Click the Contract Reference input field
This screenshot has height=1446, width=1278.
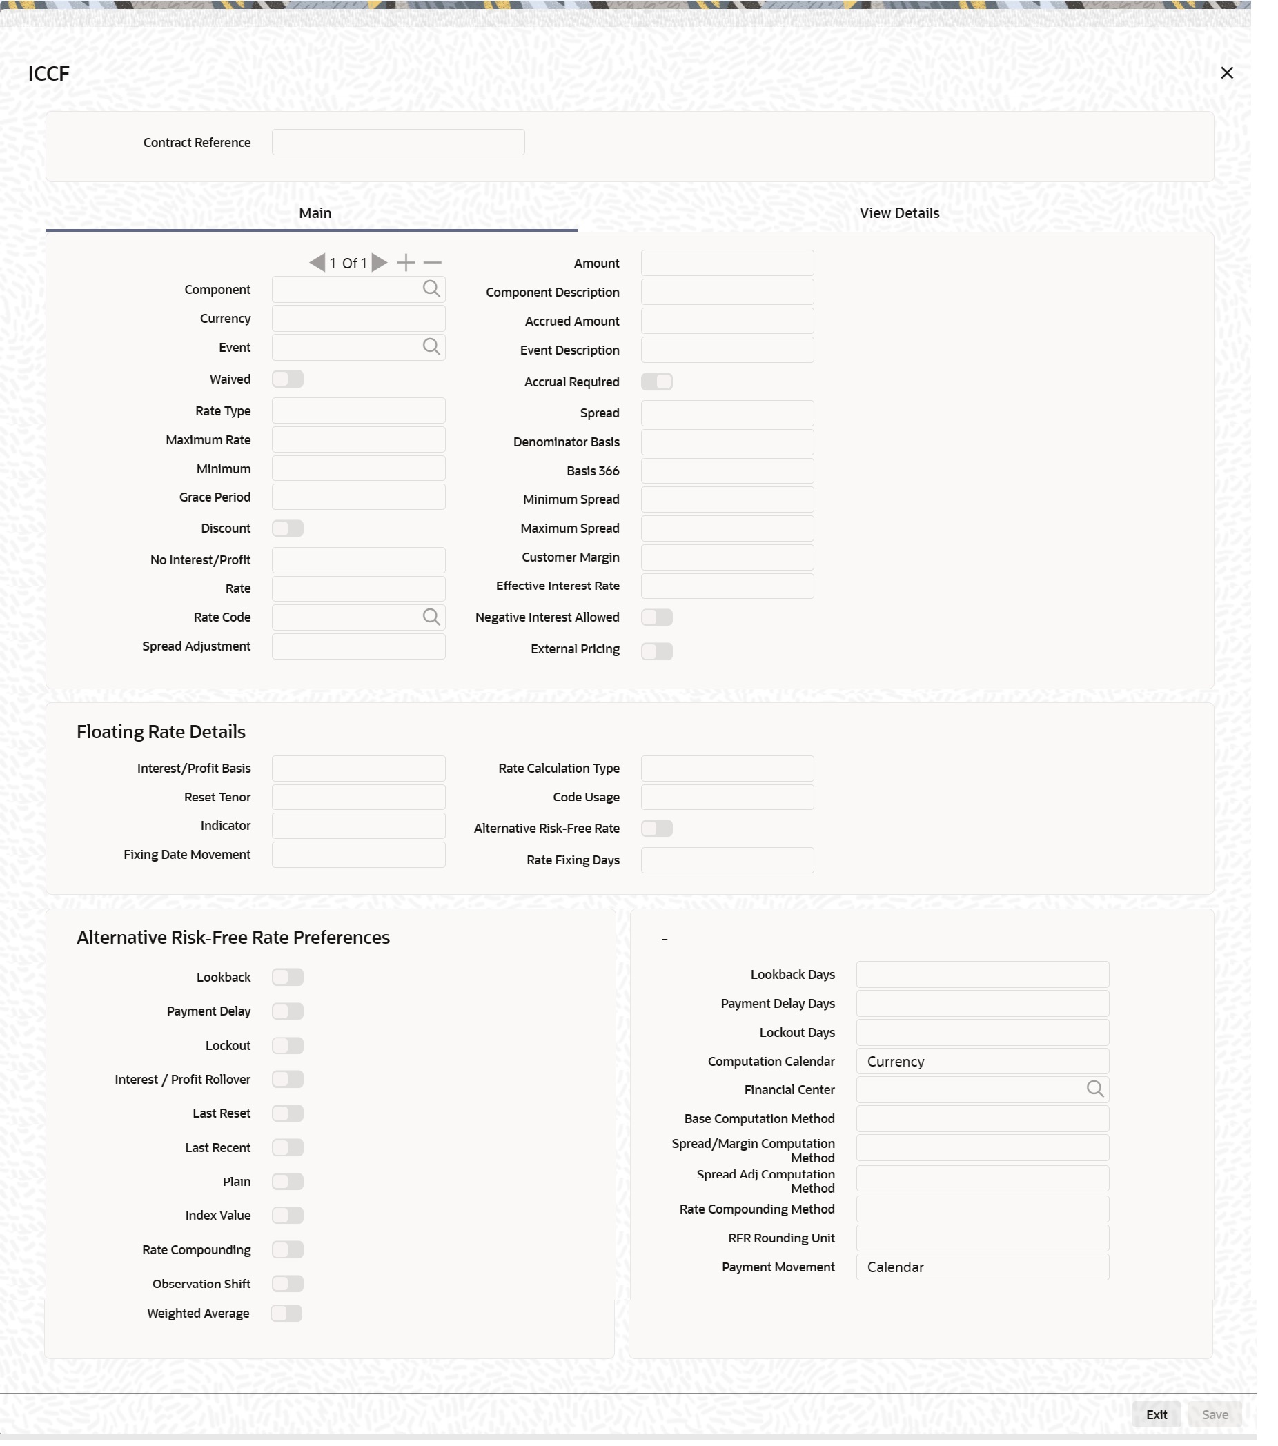click(x=397, y=142)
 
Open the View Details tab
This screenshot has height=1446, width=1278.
click(x=898, y=213)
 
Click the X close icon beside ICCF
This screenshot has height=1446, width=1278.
click(x=1226, y=73)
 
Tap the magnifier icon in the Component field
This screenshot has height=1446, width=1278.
click(x=431, y=288)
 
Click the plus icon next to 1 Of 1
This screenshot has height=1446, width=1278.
click(x=406, y=263)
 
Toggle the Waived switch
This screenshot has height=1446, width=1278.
click(x=288, y=379)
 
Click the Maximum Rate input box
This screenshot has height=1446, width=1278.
click(x=358, y=440)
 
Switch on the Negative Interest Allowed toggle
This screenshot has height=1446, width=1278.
click(x=656, y=617)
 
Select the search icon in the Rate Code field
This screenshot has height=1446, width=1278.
click(x=431, y=617)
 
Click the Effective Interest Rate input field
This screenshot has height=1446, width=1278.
click(x=727, y=586)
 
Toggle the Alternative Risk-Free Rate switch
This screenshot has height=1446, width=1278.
click(x=656, y=829)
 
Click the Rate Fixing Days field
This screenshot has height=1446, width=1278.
click(x=727, y=860)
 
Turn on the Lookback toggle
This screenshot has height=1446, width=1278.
click(x=288, y=977)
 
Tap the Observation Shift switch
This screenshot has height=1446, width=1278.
click(x=288, y=1283)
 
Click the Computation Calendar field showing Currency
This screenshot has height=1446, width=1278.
click(x=981, y=1061)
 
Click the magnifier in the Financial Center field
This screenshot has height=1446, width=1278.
click(x=1094, y=1089)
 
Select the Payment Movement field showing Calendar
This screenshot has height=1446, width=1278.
click(x=981, y=1267)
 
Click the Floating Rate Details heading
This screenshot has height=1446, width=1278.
click(x=161, y=731)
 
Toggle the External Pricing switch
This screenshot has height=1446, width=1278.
click(x=656, y=651)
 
